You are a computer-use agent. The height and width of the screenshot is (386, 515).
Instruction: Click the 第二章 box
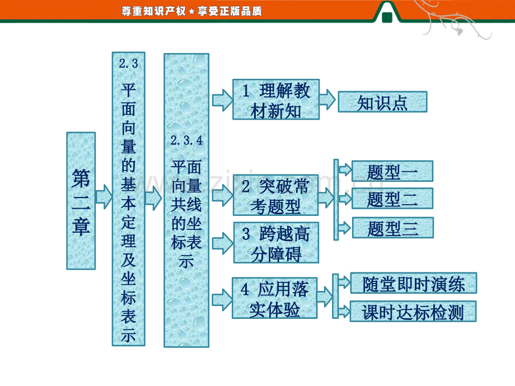(x=81, y=201)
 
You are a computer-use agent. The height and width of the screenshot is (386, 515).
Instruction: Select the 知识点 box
(x=383, y=102)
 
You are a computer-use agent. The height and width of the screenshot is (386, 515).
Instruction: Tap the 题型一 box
(x=392, y=171)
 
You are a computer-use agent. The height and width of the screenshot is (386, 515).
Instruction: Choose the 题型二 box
(x=392, y=199)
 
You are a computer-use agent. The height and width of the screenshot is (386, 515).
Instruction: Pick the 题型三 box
(x=393, y=228)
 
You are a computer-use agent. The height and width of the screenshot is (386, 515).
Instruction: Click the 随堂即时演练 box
(x=414, y=283)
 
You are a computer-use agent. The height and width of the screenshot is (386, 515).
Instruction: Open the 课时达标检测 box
(x=413, y=311)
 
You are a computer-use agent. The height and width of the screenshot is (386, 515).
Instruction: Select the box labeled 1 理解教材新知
(x=276, y=100)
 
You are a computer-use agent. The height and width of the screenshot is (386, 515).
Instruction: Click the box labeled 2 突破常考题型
(x=276, y=195)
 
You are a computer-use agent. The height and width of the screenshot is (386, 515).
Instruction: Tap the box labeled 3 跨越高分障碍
(x=276, y=243)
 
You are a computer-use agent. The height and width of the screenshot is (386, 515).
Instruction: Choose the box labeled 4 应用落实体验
(x=275, y=298)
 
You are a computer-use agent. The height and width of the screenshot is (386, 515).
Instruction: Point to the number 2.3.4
(x=186, y=140)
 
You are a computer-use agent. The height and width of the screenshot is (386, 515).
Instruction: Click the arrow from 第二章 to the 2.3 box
(x=104, y=196)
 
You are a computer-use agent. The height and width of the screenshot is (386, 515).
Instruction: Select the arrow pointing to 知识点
(x=327, y=100)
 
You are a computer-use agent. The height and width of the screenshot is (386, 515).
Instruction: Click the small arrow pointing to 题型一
(x=345, y=170)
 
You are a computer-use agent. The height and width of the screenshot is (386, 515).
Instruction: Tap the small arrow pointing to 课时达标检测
(x=344, y=310)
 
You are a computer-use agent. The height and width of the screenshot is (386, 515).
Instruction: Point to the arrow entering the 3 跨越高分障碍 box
(x=223, y=243)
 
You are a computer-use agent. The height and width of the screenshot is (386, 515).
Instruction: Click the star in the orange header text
(x=192, y=12)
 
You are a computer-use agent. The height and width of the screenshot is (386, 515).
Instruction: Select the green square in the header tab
(x=387, y=17)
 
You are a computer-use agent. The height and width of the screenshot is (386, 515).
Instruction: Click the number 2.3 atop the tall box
(x=128, y=63)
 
